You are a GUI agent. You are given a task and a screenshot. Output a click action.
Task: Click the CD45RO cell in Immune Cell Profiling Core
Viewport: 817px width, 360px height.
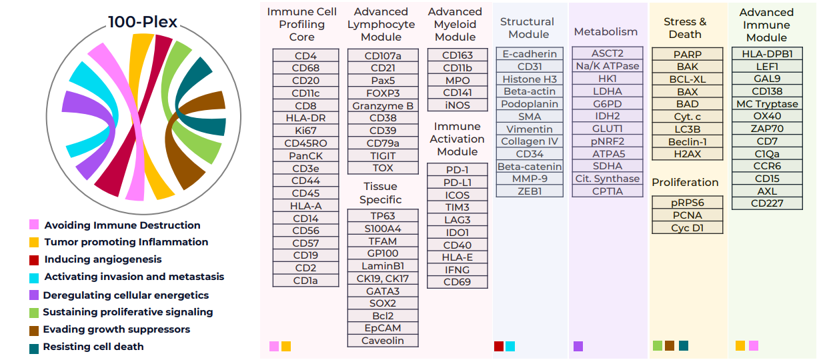click(305, 143)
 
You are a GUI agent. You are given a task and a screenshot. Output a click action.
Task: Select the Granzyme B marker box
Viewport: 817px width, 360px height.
click(383, 106)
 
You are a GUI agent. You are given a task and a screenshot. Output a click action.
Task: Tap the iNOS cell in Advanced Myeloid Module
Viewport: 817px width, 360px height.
click(458, 105)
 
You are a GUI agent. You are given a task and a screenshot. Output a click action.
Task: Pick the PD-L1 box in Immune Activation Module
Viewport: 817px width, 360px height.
click(458, 183)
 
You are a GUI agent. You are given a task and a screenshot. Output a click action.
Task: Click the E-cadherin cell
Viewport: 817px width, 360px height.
click(530, 54)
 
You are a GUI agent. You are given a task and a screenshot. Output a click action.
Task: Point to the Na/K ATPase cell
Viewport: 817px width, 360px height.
click(608, 66)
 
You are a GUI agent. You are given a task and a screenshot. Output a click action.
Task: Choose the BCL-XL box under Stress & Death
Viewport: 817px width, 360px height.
click(687, 79)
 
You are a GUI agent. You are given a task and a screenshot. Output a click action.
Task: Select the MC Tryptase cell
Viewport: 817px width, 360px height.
click(767, 104)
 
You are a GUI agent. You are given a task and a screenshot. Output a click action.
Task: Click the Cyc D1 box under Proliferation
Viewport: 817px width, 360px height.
click(687, 228)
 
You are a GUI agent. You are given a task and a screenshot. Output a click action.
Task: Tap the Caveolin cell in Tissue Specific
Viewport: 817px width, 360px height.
click(383, 341)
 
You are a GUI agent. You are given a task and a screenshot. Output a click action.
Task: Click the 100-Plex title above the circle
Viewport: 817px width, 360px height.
click(143, 22)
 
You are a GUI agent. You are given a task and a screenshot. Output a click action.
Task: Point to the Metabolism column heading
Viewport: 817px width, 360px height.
click(606, 32)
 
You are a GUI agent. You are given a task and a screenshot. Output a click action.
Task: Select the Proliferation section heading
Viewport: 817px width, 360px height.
click(685, 183)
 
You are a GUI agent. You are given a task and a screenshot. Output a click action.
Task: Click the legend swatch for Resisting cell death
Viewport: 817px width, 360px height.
click(34, 349)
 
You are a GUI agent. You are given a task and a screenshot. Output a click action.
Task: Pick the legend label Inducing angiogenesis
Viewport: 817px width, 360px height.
click(103, 259)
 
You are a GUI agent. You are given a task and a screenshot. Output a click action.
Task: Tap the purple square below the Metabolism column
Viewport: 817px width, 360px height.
click(578, 346)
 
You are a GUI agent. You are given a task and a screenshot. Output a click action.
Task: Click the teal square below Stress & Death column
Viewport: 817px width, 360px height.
click(684, 345)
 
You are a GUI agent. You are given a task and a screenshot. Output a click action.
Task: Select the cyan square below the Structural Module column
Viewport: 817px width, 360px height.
click(510, 346)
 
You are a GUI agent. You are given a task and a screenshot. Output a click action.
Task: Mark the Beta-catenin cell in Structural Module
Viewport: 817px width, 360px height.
click(530, 167)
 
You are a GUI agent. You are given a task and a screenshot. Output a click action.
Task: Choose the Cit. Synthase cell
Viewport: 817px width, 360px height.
click(608, 179)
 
